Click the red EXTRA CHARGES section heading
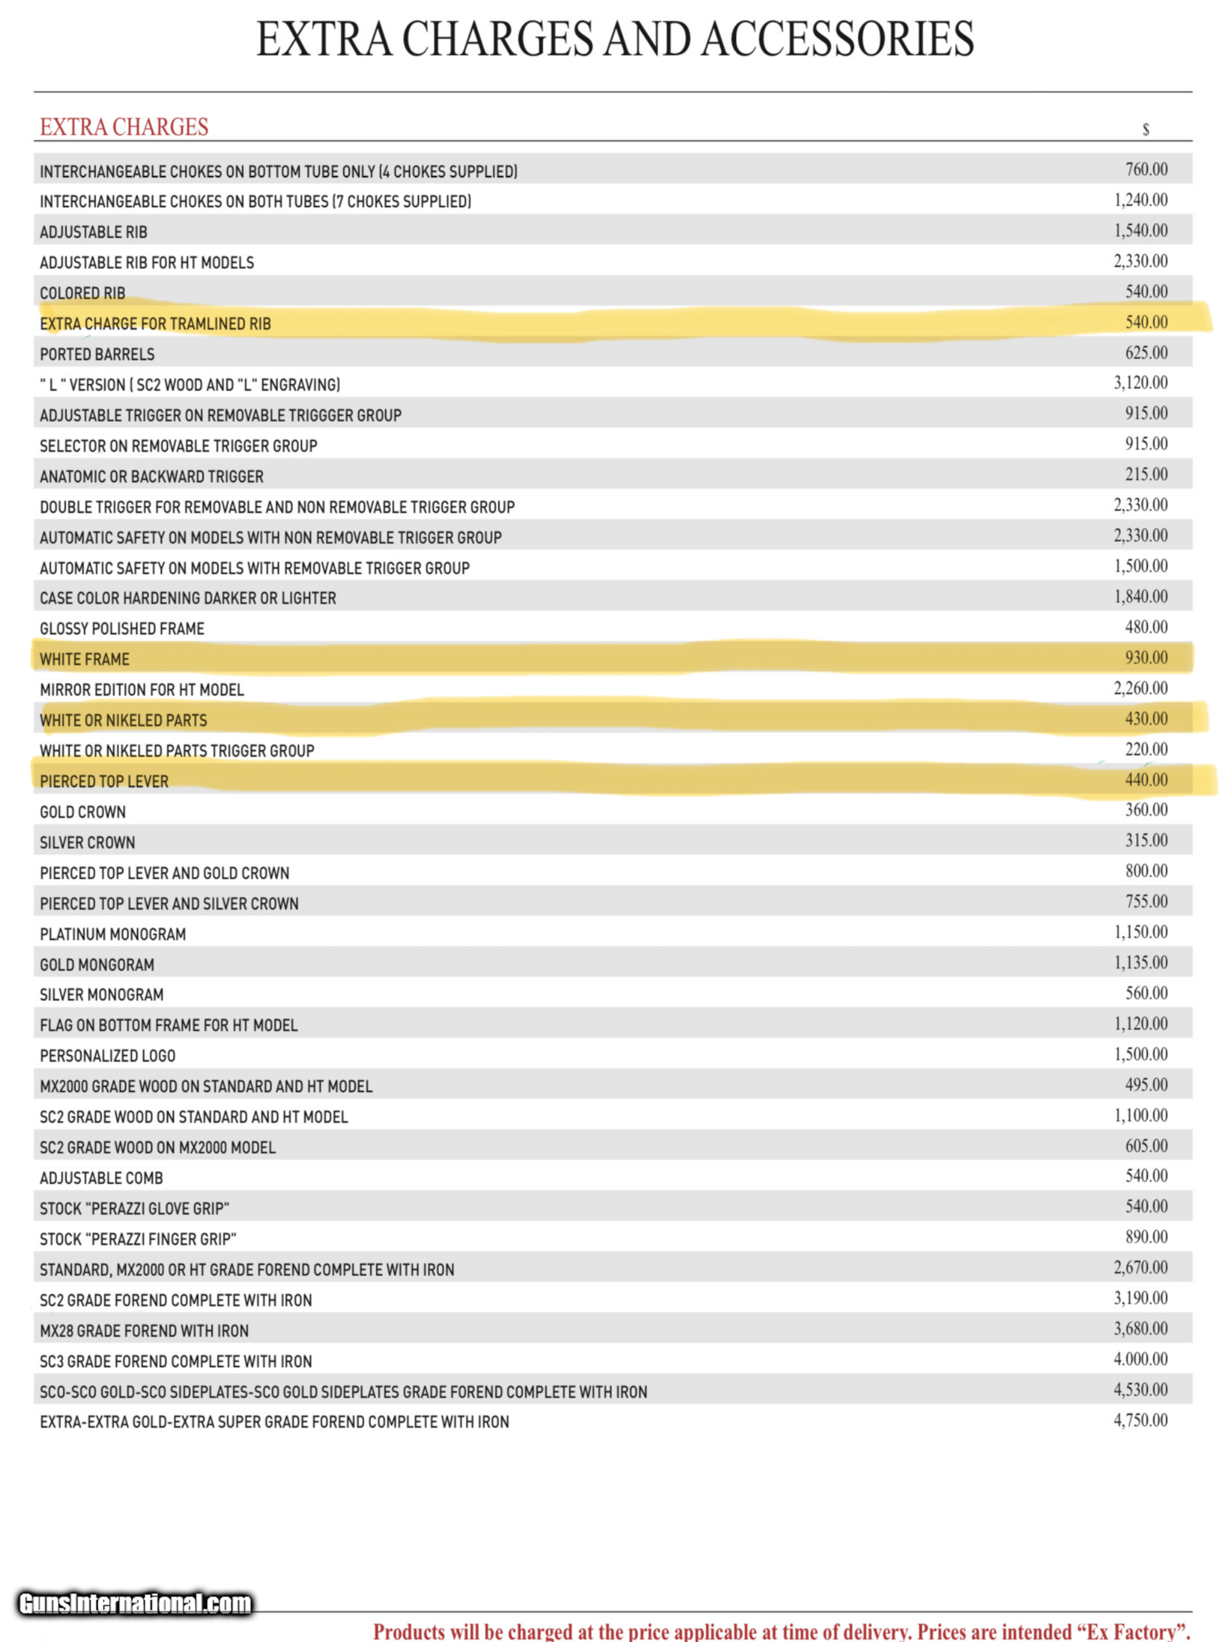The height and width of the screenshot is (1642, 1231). click(124, 127)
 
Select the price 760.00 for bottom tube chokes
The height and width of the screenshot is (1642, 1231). click(1146, 169)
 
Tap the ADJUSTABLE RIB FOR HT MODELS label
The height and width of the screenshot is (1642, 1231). click(146, 263)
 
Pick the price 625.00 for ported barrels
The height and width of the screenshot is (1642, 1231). click(1146, 353)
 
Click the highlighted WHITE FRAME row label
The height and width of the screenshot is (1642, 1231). click(85, 659)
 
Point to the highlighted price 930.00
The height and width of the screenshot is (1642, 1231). click(1146, 658)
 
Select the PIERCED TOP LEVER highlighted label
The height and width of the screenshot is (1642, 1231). click(104, 782)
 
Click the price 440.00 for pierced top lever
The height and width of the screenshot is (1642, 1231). click(1146, 780)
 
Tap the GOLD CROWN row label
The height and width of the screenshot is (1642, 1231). click(82, 812)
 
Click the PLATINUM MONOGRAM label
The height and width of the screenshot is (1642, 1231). click(113, 934)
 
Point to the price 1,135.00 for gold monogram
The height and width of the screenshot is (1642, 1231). click(1140, 963)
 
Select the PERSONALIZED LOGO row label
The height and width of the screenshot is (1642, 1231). click(107, 1056)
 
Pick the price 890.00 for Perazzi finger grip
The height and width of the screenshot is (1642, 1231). click(1146, 1237)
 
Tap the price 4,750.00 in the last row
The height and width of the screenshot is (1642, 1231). click(1140, 1420)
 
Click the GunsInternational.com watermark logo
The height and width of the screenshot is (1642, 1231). click(135, 1603)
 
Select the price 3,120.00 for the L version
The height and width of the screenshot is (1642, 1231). click(1140, 383)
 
